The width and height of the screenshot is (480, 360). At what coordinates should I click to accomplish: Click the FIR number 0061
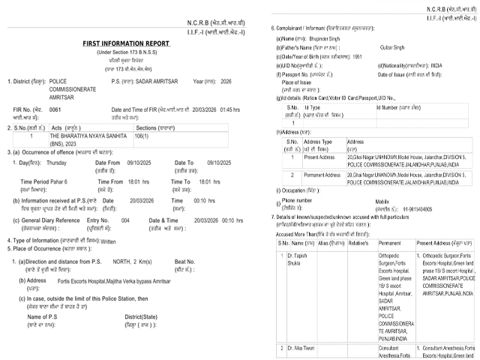pyautogui.click(x=55, y=109)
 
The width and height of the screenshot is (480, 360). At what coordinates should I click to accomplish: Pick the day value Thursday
pyautogui.click(x=56, y=163)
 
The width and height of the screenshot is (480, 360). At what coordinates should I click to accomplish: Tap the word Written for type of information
pyautogui.click(x=108, y=241)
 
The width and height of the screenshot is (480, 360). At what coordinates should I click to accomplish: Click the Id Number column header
pyautogui.click(x=392, y=107)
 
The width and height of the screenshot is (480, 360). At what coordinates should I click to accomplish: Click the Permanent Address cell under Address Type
pyautogui.click(x=320, y=177)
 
